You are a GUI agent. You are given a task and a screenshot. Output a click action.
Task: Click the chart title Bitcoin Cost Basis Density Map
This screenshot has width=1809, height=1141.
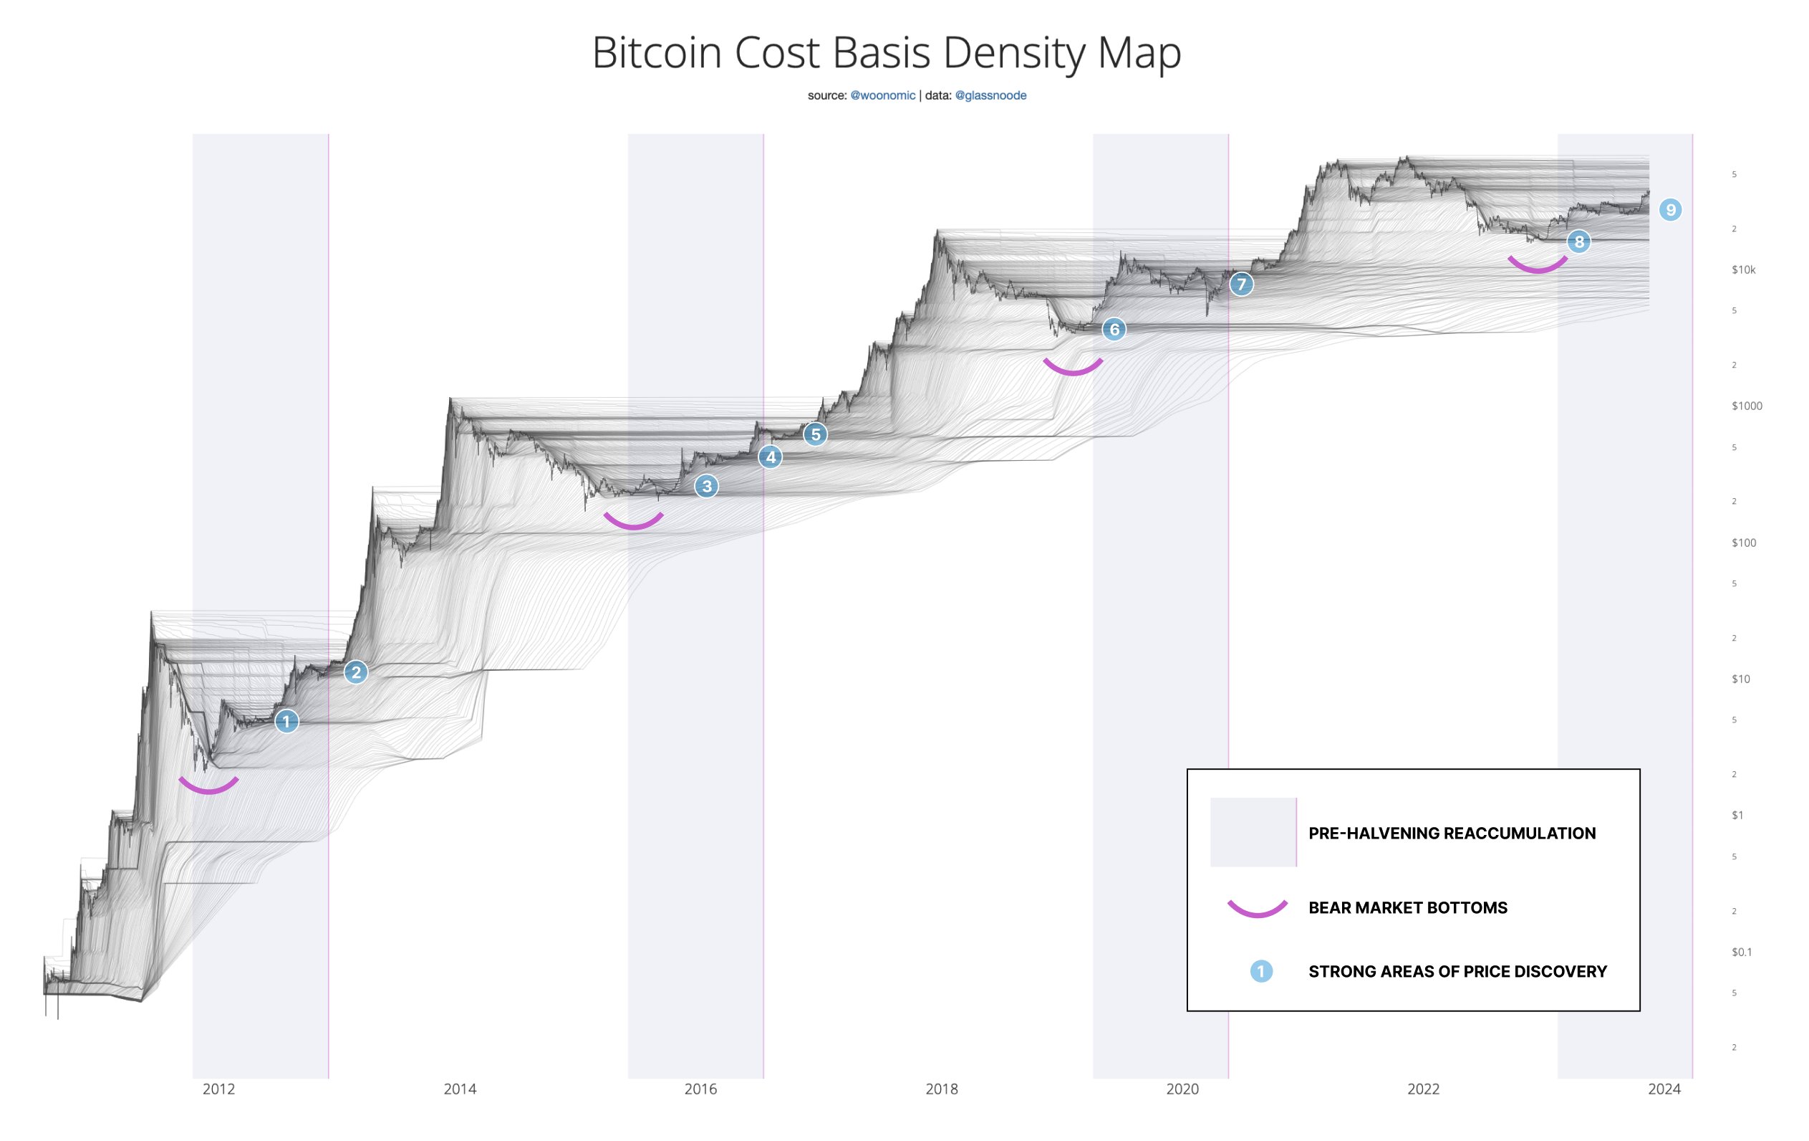887,52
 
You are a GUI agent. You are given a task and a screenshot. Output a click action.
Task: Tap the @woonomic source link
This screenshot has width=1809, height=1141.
883,95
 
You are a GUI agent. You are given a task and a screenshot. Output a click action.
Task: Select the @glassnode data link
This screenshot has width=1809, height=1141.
990,95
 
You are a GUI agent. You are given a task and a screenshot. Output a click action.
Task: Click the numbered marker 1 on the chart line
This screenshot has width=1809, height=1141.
286,722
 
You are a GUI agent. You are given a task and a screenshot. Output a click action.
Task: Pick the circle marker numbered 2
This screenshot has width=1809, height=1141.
356,672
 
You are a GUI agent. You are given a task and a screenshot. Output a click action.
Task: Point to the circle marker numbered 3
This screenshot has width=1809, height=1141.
706,487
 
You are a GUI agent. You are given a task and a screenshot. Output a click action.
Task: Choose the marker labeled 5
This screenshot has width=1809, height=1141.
815,434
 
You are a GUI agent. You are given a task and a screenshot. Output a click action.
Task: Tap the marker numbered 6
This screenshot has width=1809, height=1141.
1114,329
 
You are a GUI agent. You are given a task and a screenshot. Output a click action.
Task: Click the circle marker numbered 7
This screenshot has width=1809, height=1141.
1241,284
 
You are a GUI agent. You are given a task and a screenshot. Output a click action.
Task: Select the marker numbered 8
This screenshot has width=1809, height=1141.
1578,242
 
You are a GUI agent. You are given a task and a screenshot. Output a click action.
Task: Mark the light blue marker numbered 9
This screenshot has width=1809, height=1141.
1670,210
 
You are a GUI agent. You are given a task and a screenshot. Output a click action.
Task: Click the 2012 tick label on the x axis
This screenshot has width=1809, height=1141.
218,1089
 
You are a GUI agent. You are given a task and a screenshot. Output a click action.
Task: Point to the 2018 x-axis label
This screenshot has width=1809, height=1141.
941,1089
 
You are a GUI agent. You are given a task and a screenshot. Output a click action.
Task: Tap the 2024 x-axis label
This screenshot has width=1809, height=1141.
1664,1089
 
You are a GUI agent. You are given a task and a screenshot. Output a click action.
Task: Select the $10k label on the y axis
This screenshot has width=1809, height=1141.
1744,270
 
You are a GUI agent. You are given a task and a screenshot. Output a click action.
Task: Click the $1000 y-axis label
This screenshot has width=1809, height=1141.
1747,406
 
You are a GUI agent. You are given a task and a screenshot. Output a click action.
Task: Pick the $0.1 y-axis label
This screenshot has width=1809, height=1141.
1742,953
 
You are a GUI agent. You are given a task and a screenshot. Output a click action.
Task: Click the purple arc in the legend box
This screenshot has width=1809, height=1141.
1257,910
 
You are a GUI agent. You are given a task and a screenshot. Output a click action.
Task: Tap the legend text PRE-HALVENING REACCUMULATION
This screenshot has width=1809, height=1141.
1452,833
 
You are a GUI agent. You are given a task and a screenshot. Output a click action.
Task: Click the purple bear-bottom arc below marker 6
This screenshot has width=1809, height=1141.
1073,369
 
